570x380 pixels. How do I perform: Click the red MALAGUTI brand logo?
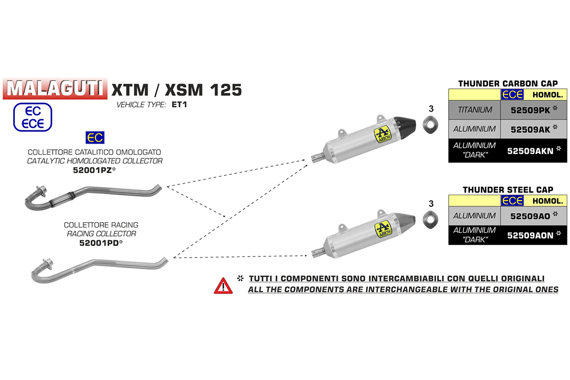[x=55, y=88]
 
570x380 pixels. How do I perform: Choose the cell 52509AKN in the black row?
[x=533, y=150]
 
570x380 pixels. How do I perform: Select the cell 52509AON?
[x=533, y=235]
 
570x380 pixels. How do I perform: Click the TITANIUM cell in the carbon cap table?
[x=475, y=110]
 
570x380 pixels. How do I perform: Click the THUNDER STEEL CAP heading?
[x=508, y=189]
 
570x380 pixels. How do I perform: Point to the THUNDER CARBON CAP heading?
[x=508, y=83]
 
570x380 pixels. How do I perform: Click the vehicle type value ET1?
[x=179, y=104]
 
